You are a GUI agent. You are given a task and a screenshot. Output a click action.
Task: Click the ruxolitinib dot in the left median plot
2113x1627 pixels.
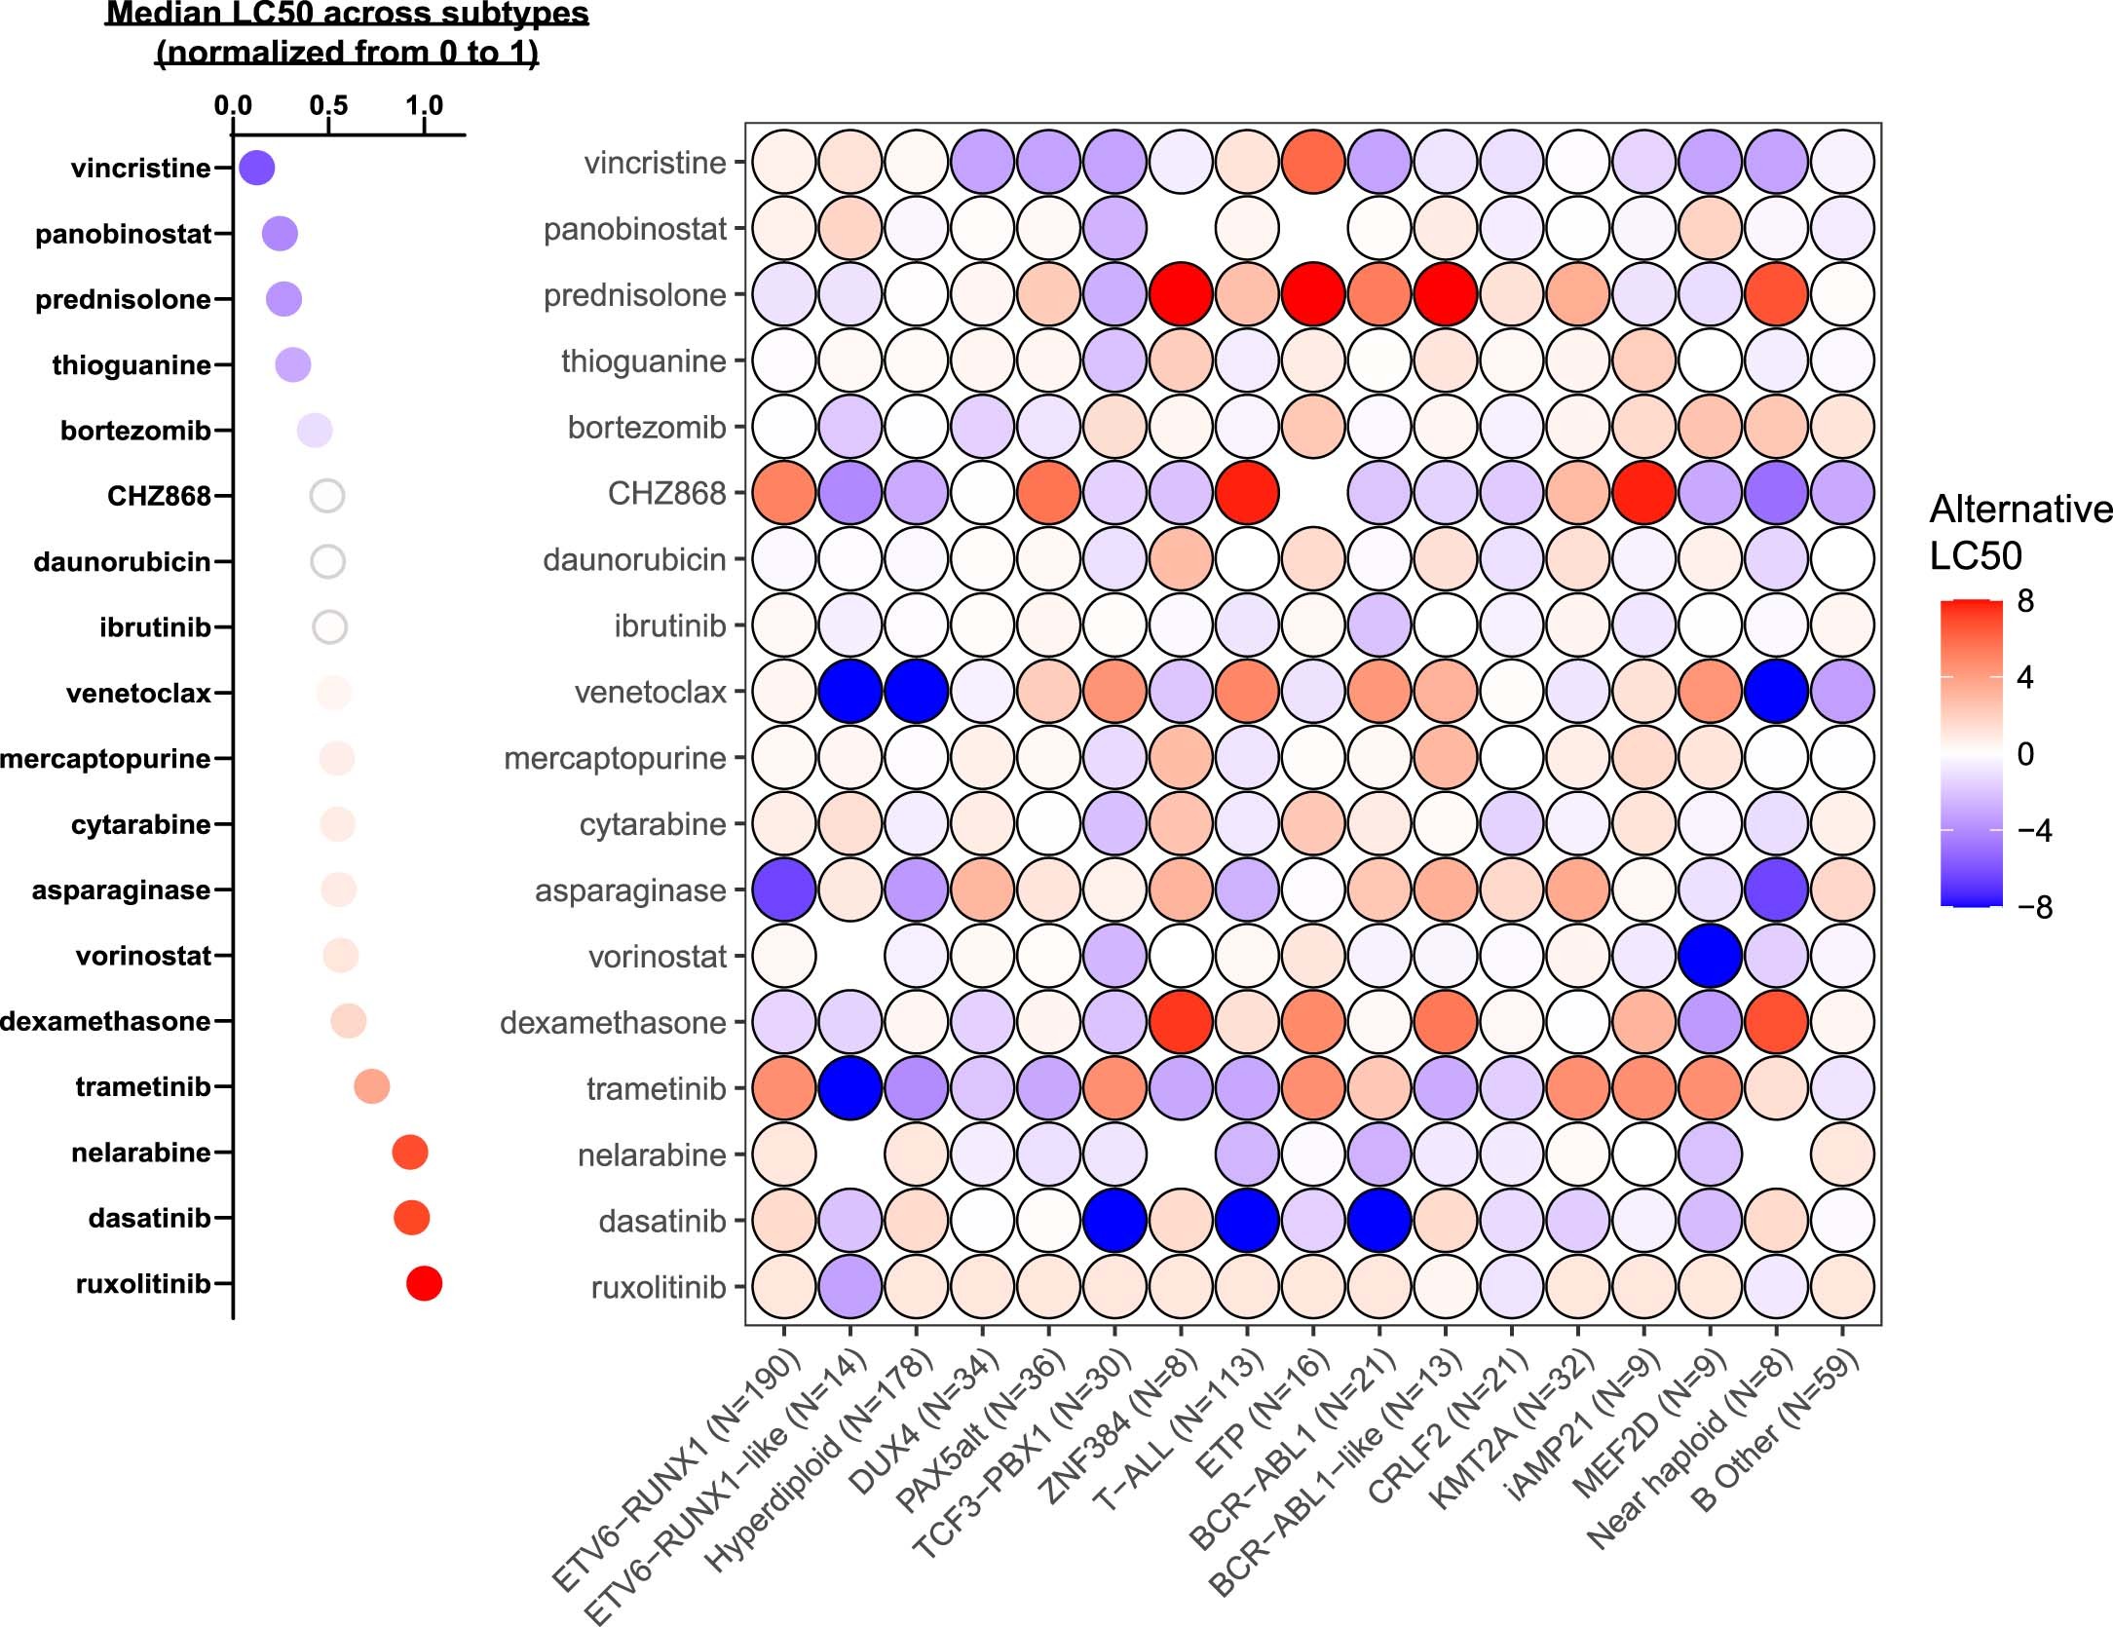tap(424, 1283)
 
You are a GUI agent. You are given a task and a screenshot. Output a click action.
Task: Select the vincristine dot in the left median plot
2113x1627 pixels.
tap(257, 168)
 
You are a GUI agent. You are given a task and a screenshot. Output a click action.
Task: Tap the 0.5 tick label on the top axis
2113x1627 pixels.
tap(328, 105)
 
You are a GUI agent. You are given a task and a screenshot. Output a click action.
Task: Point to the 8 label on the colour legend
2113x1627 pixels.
tap(2025, 601)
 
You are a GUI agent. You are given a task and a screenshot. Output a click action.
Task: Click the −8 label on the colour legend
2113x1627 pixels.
tap(2034, 907)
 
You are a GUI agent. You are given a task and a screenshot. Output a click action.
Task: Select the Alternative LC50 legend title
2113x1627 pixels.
tap(2019, 532)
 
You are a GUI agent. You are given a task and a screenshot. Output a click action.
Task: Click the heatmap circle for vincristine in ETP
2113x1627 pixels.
tap(1313, 163)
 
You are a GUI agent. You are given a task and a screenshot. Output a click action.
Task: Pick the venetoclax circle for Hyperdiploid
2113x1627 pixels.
tap(916, 691)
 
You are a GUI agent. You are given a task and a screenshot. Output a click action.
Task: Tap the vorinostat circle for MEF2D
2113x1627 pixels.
tap(1710, 956)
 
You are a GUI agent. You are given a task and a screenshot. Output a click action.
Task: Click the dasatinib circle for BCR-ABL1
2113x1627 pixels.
tap(1379, 1220)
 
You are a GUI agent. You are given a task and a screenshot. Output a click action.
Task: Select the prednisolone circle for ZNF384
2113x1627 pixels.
tap(1181, 294)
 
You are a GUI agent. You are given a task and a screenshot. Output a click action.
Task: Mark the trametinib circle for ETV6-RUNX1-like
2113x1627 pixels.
tap(850, 1087)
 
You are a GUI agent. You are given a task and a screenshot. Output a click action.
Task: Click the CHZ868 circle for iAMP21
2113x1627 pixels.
tap(1643, 493)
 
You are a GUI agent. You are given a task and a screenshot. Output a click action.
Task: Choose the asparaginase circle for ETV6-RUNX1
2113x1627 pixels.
tap(784, 889)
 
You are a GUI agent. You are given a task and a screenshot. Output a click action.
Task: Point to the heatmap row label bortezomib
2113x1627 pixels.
tap(647, 427)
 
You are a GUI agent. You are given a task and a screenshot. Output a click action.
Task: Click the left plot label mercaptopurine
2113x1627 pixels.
tap(105, 758)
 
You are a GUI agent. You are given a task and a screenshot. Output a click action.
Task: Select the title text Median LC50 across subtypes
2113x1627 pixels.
tap(347, 14)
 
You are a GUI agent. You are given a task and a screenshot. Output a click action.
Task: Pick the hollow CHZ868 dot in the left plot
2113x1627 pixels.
tap(327, 496)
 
